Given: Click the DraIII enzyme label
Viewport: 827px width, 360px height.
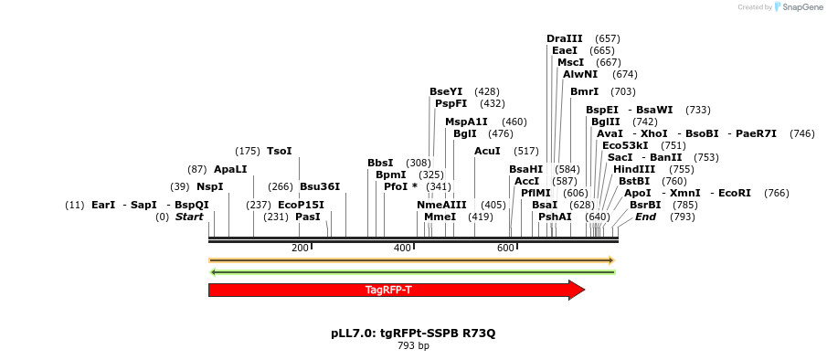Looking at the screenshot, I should click(564, 38).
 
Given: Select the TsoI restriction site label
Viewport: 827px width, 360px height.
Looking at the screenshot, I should click(279, 151).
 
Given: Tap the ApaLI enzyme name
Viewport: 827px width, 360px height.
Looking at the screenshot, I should click(230, 169).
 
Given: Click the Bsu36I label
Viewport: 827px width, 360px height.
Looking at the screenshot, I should click(320, 186).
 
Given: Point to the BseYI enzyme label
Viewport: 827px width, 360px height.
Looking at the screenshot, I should click(446, 91).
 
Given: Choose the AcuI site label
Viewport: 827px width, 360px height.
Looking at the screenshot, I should click(487, 151).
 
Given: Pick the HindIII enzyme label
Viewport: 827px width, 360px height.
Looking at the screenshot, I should click(634, 169).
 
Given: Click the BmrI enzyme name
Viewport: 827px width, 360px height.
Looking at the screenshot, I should click(584, 91).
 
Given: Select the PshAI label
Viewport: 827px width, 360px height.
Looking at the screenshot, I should click(555, 217).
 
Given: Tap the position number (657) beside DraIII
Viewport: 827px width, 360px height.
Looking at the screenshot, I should click(607, 38).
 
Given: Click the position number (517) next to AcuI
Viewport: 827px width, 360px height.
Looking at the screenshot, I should click(526, 151).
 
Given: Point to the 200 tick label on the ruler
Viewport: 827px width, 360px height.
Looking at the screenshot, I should click(300, 249).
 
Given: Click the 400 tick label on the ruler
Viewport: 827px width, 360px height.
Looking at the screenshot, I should click(402, 249).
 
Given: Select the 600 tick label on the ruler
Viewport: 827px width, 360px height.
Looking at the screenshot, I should click(505, 249).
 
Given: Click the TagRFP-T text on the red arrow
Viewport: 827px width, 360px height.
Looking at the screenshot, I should click(388, 290).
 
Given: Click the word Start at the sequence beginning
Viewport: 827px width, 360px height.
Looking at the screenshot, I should click(189, 217).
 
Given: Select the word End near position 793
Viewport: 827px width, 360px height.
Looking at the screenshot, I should click(645, 217).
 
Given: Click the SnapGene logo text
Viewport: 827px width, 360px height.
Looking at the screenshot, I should click(800, 7).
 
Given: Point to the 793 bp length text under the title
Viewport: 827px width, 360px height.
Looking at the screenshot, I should click(413, 346).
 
